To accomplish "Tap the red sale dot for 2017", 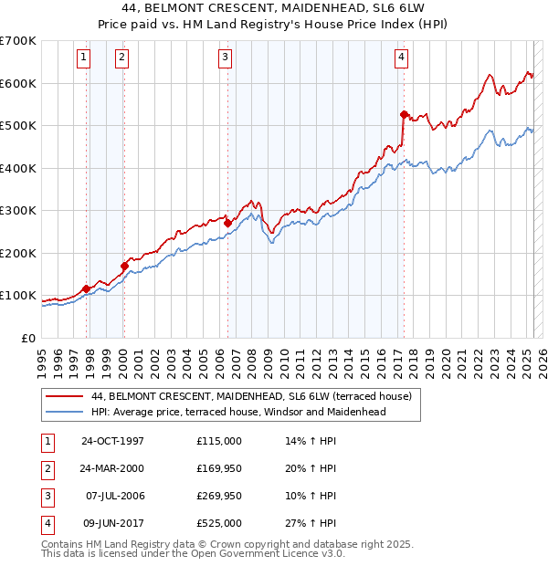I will pyautogui.click(x=404, y=114).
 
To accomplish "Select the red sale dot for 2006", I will pyautogui.click(x=227, y=223).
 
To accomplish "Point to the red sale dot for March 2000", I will pyautogui.click(x=124, y=266).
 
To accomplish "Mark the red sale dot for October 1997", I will pyautogui.click(x=87, y=288).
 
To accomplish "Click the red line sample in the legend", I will pyautogui.click(x=64, y=397).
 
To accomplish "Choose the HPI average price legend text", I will pyautogui.click(x=239, y=412).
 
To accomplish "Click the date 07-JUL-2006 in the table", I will pyautogui.click(x=113, y=497).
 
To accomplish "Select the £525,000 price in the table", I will pyautogui.click(x=219, y=523).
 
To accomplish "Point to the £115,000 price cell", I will pyautogui.click(x=219, y=442).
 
